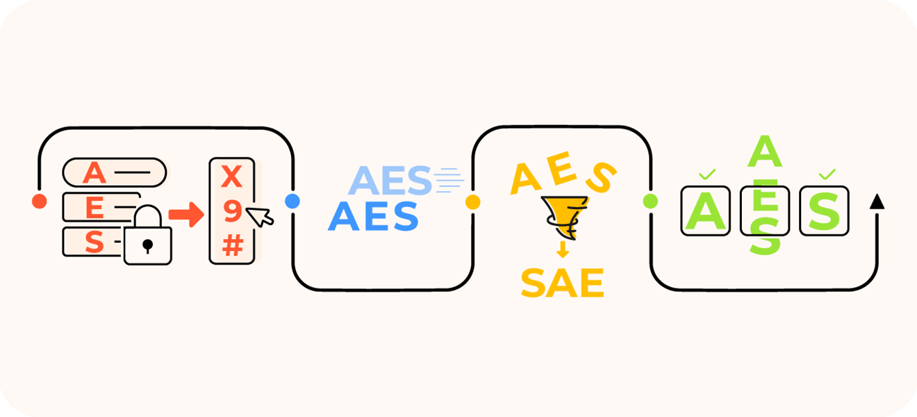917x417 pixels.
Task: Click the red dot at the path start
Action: [40, 201]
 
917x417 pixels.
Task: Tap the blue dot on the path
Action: [292, 201]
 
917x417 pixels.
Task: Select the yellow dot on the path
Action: [473, 202]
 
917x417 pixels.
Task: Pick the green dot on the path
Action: [650, 201]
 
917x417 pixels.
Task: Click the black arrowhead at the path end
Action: [877, 202]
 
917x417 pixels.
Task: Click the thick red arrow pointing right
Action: [187, 214]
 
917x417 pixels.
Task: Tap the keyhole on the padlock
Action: [148, 246]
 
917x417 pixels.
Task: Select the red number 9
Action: [233, 211]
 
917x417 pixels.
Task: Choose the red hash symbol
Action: [233, 245]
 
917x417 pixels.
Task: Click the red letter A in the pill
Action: [94, 173]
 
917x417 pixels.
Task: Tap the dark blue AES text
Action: [373, 216]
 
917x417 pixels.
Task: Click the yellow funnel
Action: [565, 217]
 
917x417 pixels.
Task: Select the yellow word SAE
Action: [563, 283]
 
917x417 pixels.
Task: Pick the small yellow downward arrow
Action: [563, 250]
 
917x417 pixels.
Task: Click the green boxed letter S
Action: [824, 211]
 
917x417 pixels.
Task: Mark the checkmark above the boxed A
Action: [707, 174]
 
